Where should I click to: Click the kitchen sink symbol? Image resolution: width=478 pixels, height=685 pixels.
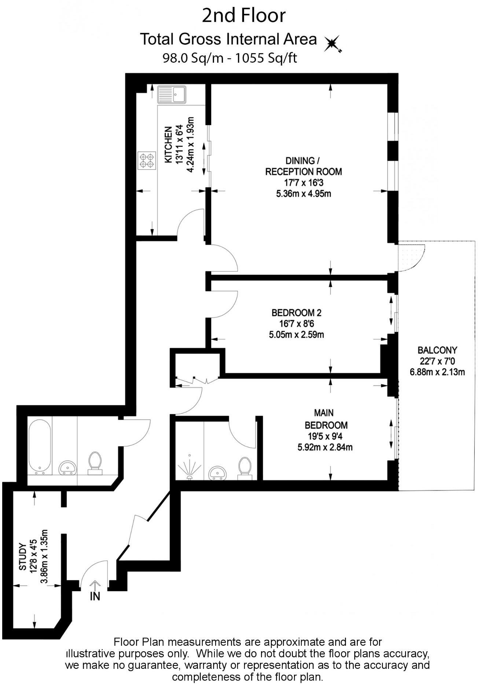coord(172,94)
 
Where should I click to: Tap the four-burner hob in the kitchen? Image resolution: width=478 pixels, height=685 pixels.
coord(146,161)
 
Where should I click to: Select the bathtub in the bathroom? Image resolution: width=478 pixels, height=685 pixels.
coord(40,446)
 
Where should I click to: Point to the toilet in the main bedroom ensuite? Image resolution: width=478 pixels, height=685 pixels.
coord(245,468)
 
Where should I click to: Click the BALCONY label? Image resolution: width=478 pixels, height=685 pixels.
coord(437,350)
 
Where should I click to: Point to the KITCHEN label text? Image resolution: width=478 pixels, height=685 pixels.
coord(168,145)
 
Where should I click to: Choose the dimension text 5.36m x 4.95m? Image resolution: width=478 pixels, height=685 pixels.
coord(304,194)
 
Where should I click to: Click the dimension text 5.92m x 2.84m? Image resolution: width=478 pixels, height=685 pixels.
coord(325,447)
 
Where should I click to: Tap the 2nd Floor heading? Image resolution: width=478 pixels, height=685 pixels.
coord(244,16)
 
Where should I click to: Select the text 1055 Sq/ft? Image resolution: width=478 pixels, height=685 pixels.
coord(266,58)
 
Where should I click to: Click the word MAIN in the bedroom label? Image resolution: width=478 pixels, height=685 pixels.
coord(324,413)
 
